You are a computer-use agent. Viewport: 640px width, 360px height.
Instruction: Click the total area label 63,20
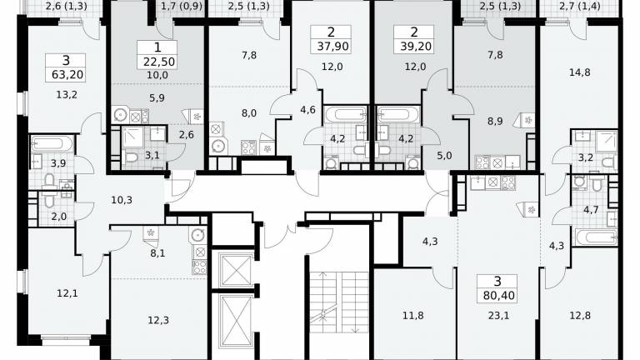[x=67, y=75]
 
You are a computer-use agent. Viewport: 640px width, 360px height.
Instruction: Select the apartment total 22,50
[x=159, y=62]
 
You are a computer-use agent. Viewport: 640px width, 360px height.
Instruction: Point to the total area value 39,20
[x=416, y=46]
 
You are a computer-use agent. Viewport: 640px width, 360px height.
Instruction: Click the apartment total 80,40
[x=499, y=295]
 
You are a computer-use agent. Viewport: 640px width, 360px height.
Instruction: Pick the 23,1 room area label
[x=498, y=316]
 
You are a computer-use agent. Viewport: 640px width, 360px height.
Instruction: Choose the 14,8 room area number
[x=580, y=72]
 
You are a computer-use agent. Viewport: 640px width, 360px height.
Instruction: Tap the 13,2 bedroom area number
[x=67, y=95]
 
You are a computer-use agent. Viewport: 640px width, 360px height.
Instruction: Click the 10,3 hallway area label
[x=121, y=200]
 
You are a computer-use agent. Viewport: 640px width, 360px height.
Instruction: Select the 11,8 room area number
[x=412, y=316]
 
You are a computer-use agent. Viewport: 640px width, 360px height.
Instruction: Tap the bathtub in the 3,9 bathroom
[x=52, y=143]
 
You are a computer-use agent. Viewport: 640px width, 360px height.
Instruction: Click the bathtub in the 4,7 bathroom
[x=596, y=237]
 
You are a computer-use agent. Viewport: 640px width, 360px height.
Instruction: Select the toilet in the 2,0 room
[x=49, y=200]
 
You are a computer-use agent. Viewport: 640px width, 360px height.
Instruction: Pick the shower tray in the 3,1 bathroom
[x=133, y=137]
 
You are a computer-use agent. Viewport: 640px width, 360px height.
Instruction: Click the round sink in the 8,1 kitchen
[x=198, y=236]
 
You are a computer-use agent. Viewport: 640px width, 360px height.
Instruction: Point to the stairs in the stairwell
[x=339, y=302]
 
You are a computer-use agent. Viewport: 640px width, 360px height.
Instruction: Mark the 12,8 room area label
[x=580, y=316]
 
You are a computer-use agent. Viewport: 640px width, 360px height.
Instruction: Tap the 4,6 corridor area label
[x=307, y=109]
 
